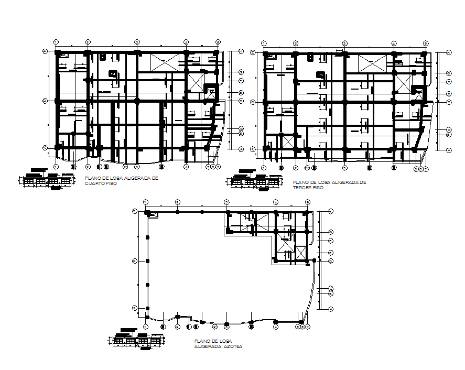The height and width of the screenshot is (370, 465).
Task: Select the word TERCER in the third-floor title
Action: (x=301, y=187)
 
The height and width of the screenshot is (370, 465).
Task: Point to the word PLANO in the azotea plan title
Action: (x=201, y=341)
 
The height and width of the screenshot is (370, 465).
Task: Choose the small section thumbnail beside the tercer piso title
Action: (x=254, y=182)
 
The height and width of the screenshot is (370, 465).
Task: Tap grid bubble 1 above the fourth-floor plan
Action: (x=56, y=42)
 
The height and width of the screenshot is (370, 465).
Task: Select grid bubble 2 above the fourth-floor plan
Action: (x=88, y=42)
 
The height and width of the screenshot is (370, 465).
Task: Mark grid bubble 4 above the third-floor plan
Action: (x=394, y=43)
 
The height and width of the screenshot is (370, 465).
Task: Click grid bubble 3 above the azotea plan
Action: (x=226, y=202)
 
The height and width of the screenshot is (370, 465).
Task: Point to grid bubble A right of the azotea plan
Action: (x=331, y=310)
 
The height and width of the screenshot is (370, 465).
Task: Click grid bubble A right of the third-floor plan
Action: (x=449, y=150)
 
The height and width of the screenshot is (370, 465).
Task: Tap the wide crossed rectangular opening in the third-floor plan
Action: (x=373, y=63)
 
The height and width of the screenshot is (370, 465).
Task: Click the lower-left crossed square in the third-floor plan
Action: (x=405, y=83)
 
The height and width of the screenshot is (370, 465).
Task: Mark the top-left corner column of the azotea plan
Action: (x=147, y=213)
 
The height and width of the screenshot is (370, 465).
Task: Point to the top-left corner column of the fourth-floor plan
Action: (x=58, y=53)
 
